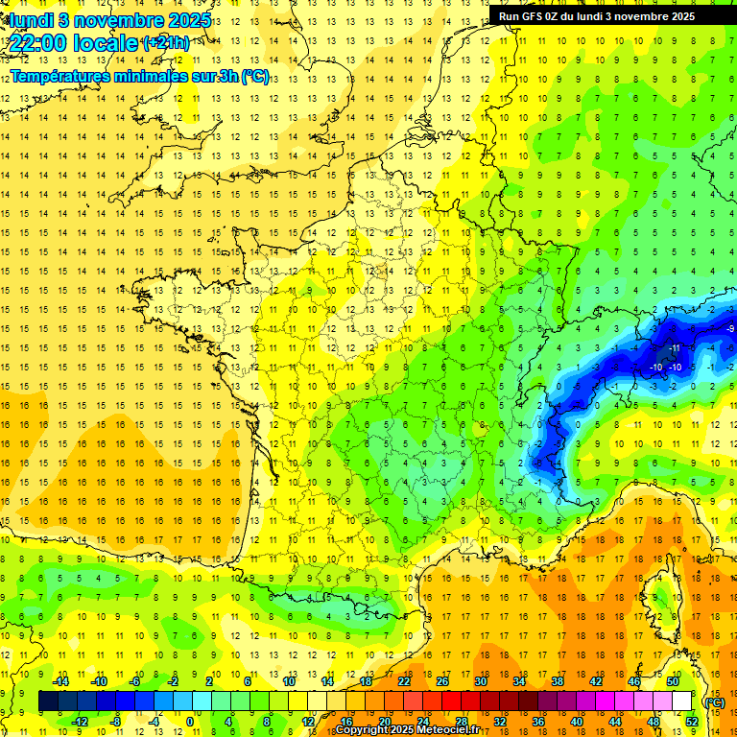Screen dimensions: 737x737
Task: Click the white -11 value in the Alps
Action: click(676, 347)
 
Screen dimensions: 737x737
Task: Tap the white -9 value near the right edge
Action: click(731, 329)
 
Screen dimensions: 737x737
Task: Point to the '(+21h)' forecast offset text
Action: click(165, 43)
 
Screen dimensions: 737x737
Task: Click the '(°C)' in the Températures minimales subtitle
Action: click(254, 77)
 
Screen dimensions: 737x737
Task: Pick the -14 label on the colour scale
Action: click(61, 681)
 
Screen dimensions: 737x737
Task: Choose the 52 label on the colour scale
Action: click(691, 721)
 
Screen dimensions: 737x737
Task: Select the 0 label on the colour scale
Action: click(190, 721)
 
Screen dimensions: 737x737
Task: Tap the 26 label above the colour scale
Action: click(441, 681)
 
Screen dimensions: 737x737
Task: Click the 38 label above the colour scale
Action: click(557, 681)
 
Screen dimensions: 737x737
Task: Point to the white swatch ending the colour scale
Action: click(681, 701)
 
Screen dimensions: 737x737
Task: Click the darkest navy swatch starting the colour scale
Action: click(48, 701)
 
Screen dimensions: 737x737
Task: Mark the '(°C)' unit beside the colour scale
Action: click(714, 702)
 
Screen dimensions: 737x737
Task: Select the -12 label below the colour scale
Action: click(80, 721)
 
